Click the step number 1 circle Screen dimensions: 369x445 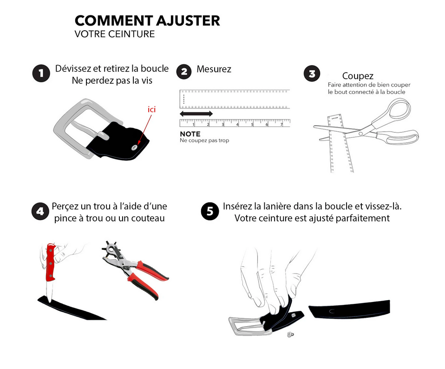(x=41, y=74)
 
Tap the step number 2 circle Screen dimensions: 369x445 (x=184, y=71)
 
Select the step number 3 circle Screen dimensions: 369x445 (x=312, y=74)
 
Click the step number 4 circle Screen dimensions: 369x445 (x=40, y=211)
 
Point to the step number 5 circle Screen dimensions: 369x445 (x=210, y=211)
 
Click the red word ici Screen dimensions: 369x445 (x=151, y=109)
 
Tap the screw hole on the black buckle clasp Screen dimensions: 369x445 (x=135, y=147)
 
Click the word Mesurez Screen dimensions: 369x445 (x=214, y=69)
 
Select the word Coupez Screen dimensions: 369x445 (x=358, y=76)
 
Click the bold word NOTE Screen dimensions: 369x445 (x=190, y=134)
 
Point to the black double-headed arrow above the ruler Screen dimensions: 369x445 (x=196, y=114)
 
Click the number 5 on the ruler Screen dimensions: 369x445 (x=252, y=124)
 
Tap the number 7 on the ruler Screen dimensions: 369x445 (x=281, y=124)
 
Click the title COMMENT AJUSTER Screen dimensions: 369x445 (x=147, y=21)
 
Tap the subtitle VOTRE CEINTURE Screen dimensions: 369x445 (x=114, y=34)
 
